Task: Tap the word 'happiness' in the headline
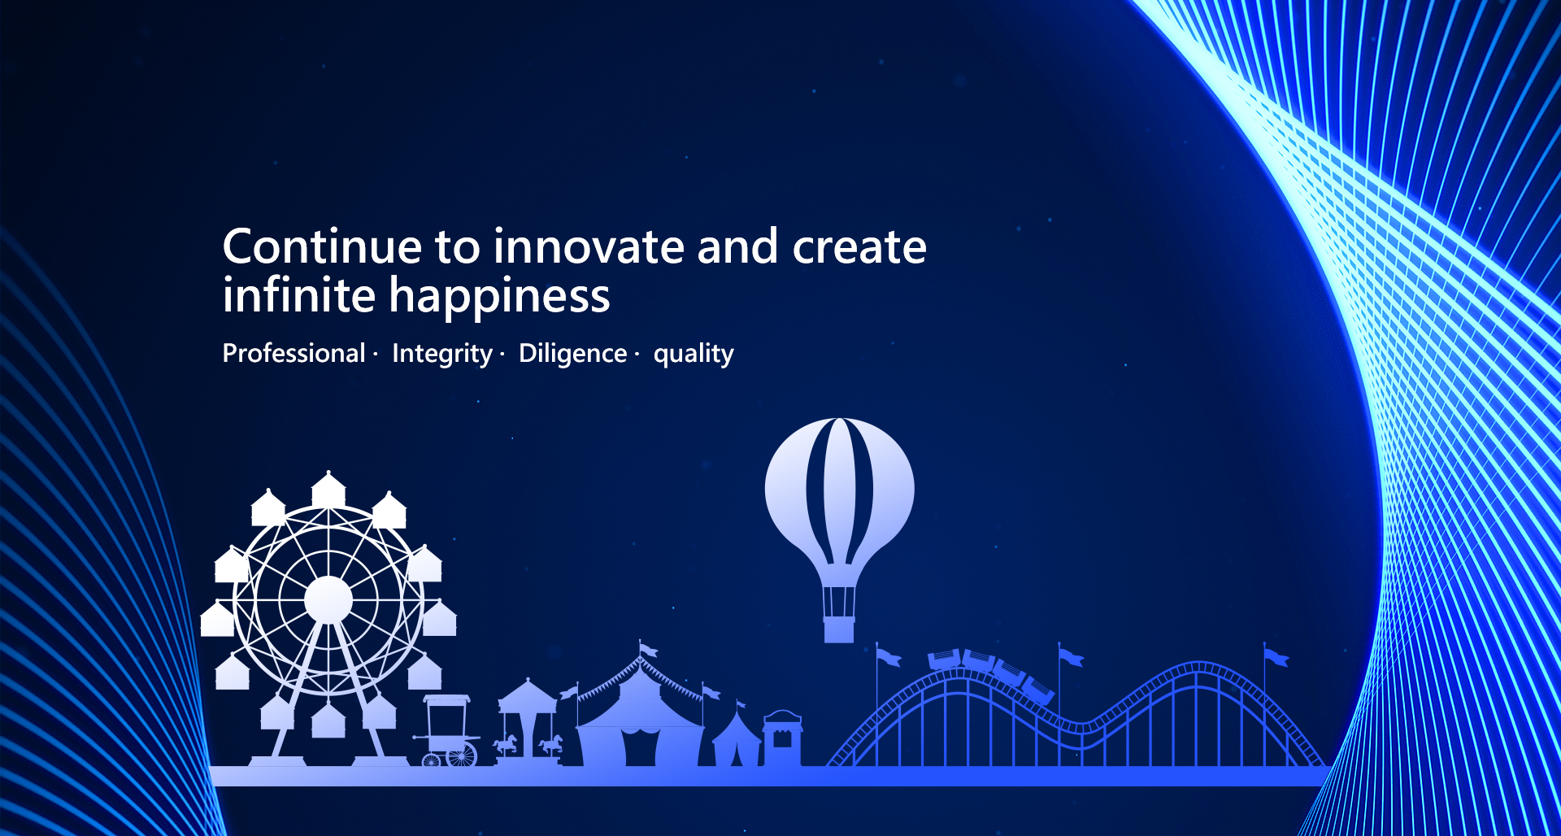coord(499,297)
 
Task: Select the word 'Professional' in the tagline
coord(294,354)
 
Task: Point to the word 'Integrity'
coord(441,354)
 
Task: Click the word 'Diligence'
coord(572,354)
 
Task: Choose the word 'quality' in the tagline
coord(694,354)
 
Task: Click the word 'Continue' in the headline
coord(323,246)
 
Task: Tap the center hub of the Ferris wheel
coord(328,600)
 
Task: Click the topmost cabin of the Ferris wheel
coord(328,490)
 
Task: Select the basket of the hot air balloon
coord(839,629)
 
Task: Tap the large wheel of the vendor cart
coord(462,755)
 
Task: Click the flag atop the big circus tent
coord(648,650)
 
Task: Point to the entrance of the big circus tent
coord(640,747)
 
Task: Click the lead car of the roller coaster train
coord(1038,690)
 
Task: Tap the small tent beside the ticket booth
coord(736,742)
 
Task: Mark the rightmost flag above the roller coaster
coord(1276,657)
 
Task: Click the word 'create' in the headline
coord(859,246)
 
